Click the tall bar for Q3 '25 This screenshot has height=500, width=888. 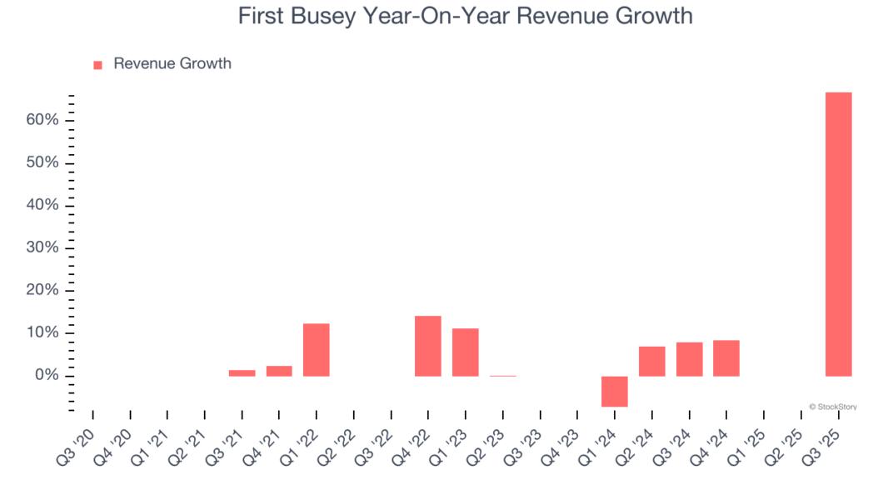coord(838,234)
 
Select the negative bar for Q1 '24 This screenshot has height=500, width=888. coord(615,391)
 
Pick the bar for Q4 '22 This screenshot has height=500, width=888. coord(428,346)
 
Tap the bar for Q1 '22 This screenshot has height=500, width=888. coord(317,349)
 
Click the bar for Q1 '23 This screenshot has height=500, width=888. coord(466,352)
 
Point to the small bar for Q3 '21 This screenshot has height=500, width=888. coord(242,372)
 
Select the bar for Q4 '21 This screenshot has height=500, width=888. coord(279,371)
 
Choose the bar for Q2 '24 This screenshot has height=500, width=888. coord(652,361)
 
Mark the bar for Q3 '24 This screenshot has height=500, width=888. coord(689,359)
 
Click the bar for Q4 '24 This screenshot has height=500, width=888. coord(726,357)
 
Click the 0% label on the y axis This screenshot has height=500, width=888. coord(47,376)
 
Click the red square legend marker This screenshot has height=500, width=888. coord(97,65)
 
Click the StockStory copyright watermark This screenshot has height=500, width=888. coord(832,407)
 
